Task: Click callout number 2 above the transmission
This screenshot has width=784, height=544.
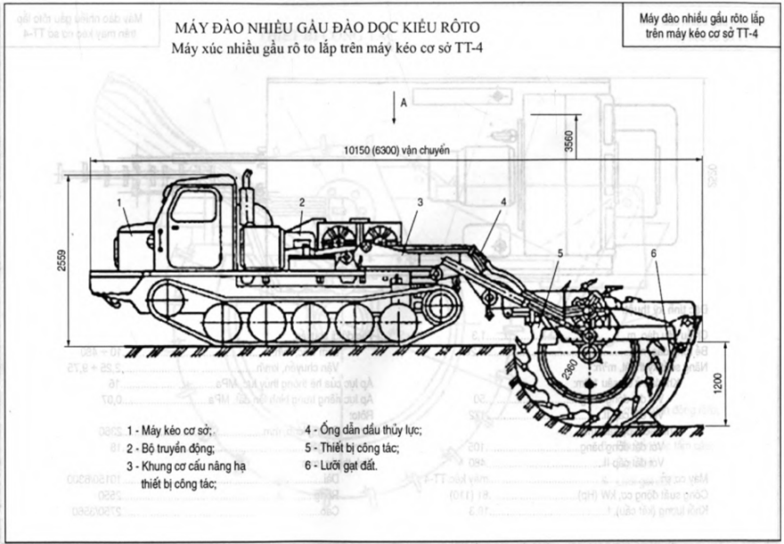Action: click(303, 203)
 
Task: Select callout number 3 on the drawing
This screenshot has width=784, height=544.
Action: click(419, 202)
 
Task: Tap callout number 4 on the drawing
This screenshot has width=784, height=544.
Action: click(503, 202)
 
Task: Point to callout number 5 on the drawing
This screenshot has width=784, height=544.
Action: click(559, 252)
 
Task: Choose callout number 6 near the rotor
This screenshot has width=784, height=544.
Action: click(653, 252)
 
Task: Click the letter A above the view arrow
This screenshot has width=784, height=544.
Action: click(404, 103)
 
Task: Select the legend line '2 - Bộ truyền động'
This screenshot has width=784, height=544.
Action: click(170, 449)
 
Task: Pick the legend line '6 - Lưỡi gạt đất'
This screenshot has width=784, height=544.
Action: click(344, 466)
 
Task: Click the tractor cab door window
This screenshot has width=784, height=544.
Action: click(193, 207)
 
